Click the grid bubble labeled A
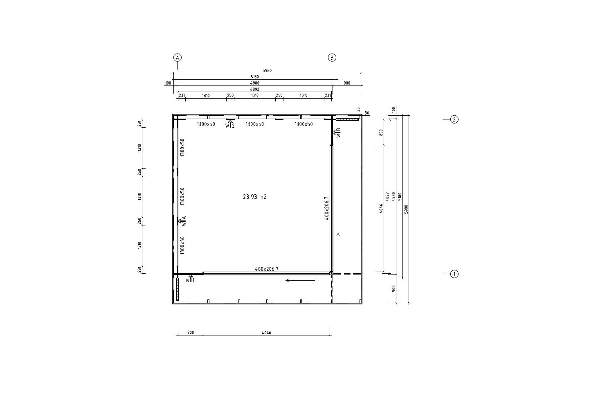tap(178, 58)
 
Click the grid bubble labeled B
tap(332, 58)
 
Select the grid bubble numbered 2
tap(454, 119)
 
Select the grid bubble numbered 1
tap(454, 274)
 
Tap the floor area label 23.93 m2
tap(254, 197)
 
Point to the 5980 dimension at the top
tap(267, 70)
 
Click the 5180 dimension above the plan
tap(254, 77)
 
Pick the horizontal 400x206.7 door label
tap(267, 269)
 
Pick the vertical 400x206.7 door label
tap(326, 208)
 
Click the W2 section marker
tap(230, 124)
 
